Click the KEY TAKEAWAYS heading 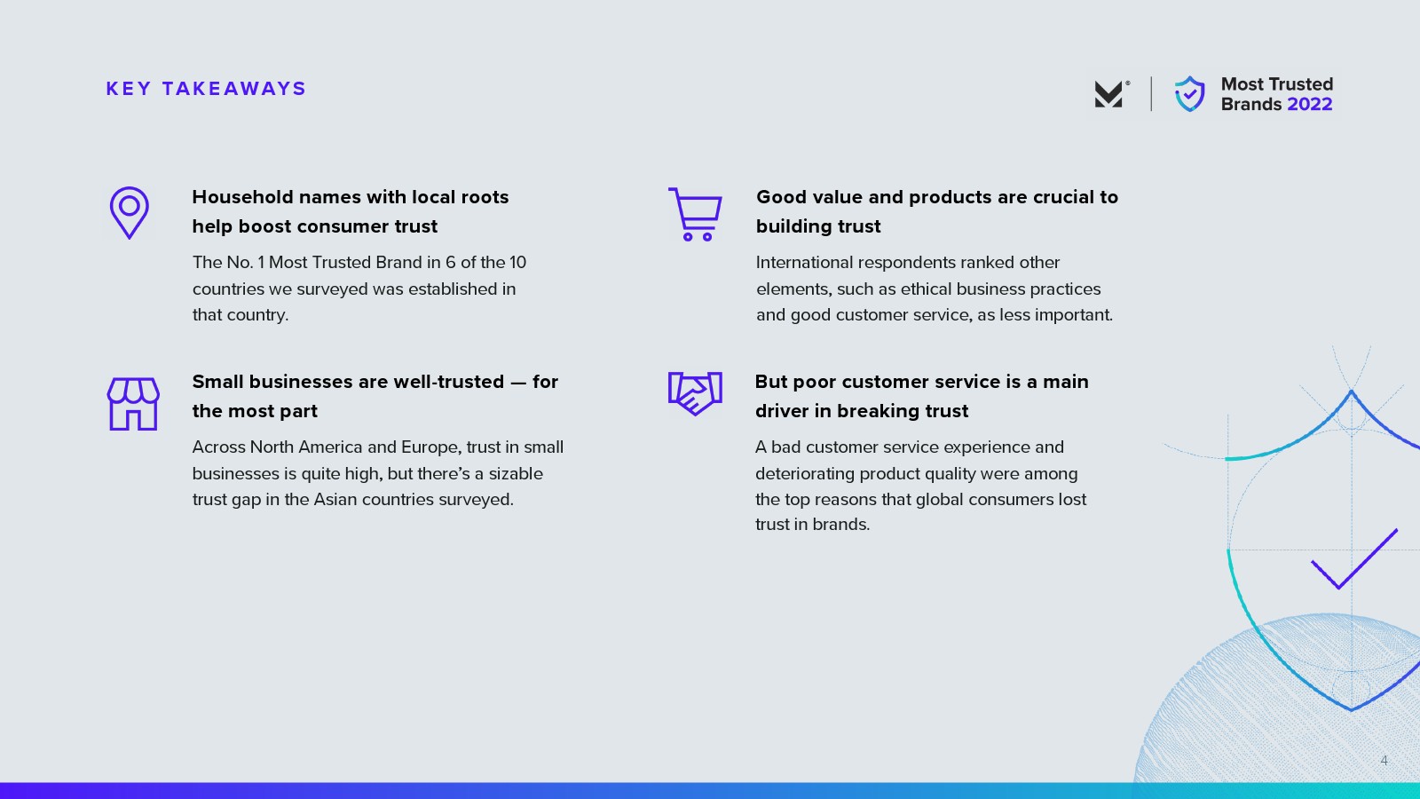206,89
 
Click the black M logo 1110,94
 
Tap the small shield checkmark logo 1190,94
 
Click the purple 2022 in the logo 1310,104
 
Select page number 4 1384,760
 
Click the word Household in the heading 243,197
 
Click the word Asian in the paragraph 335,500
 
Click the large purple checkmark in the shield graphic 1354,558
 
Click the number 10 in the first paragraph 517,263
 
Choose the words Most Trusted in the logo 1277,84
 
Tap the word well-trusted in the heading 449,382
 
